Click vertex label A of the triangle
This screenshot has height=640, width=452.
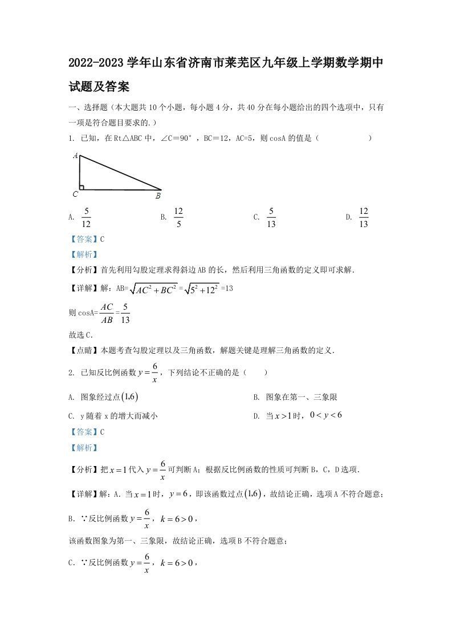point(75,155)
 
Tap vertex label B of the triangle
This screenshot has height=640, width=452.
point(158,196)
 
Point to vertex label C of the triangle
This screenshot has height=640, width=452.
point(75,194)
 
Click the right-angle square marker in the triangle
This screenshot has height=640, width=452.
point(82,187)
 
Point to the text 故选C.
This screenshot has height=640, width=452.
point(81,335)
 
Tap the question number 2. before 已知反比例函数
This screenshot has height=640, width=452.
point(71,373)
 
